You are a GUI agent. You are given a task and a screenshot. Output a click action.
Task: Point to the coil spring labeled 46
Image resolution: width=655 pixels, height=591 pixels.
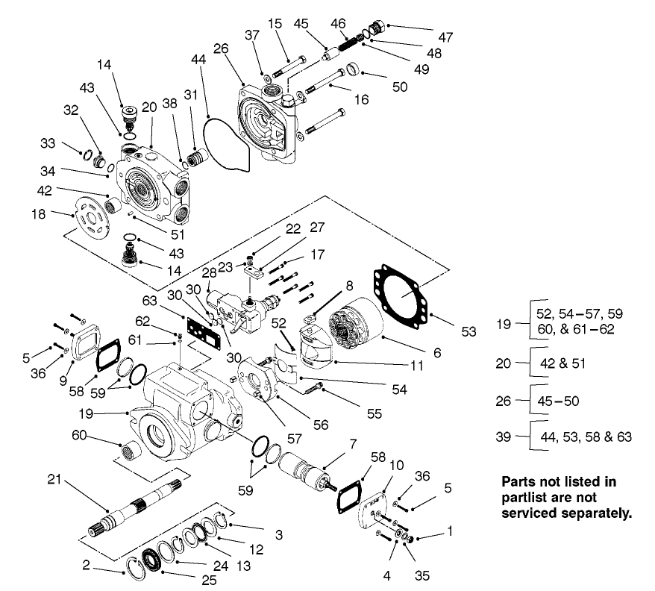(x=348, y=37)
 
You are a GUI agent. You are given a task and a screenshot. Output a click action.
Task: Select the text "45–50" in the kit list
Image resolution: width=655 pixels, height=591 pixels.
(x=559, y=400)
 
